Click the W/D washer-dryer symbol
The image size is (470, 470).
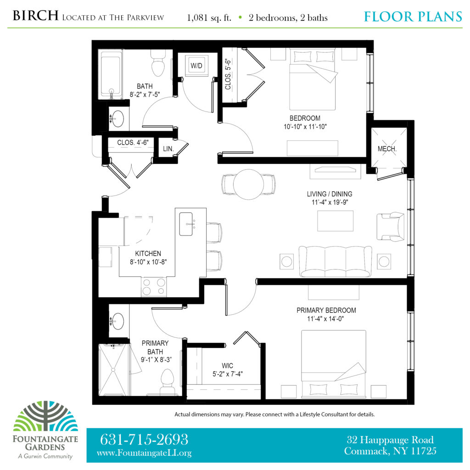click(x=196, y=65)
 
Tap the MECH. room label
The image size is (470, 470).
click(x=387, y=149)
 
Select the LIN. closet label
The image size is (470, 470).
click(x=168, y=149)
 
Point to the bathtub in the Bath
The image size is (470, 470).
click(x=111, y=75)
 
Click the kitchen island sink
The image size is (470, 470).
click(x=186, y=224)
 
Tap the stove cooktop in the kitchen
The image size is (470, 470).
click(x=154, y=287)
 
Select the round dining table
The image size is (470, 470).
click(x=248, y=185)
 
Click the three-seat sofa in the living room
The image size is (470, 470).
click(x=336, y=261)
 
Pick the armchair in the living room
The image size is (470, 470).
click(x=390, y=227)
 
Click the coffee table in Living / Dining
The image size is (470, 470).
click(x=335, y=221)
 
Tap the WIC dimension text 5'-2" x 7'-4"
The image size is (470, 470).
click(x=228, y=374)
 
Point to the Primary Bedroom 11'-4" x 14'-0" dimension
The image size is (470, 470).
click(x=325, y=319)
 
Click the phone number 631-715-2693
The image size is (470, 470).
click(x=144, y=439)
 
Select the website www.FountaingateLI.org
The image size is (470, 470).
click(x=144, y=453)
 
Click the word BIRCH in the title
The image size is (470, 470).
click(x=35, y=16)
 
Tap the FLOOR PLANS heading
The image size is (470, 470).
click(x=413, y=17)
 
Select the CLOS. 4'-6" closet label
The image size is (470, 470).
click(x=133, y=142)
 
